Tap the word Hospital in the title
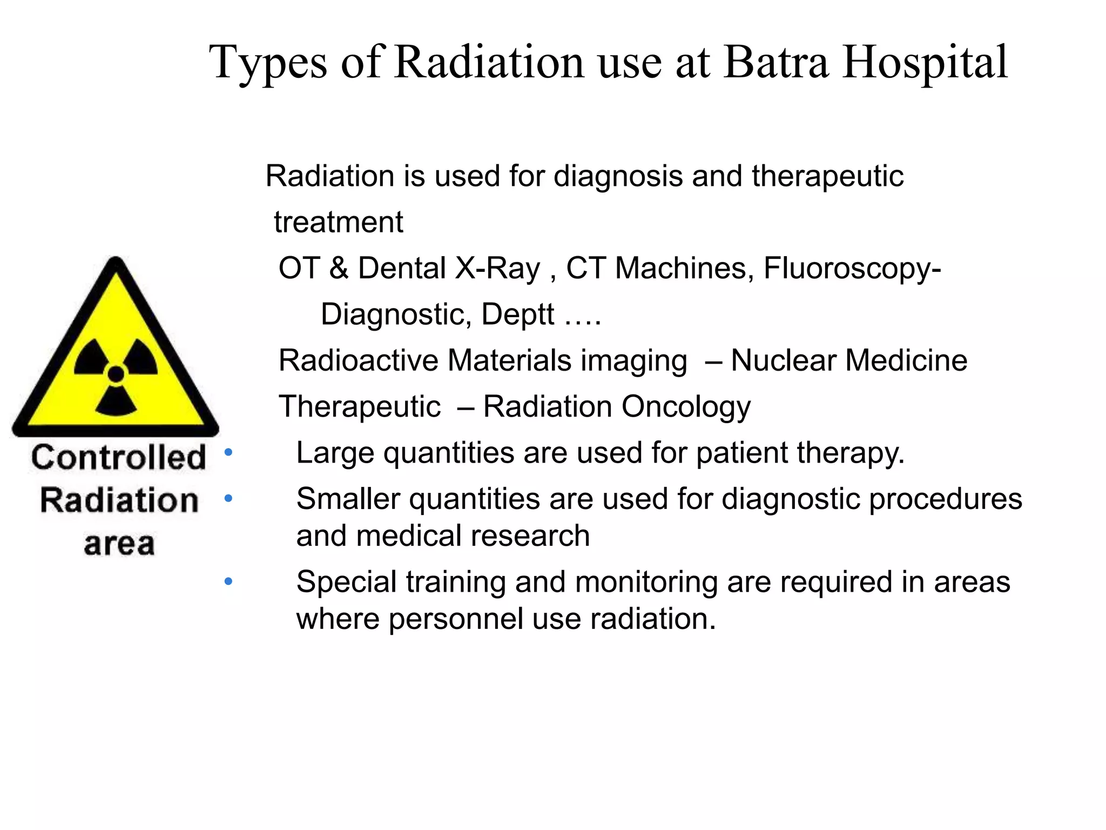click(x=925, y=63)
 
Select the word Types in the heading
click(x=268, y=64)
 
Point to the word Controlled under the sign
click(x=119, y=457)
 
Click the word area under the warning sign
click(x=119, y=544)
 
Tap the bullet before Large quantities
click(x=228, y=452)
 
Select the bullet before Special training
click(x=228, y=581)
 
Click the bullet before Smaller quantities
click(x=228, y=498)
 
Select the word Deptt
click(x=517, y=314)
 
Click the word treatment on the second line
click(x=338, y=222)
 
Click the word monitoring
click(x=646, y=583)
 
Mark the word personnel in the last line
click(x=456, y=619)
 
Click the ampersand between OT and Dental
click(x=339, y=268)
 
